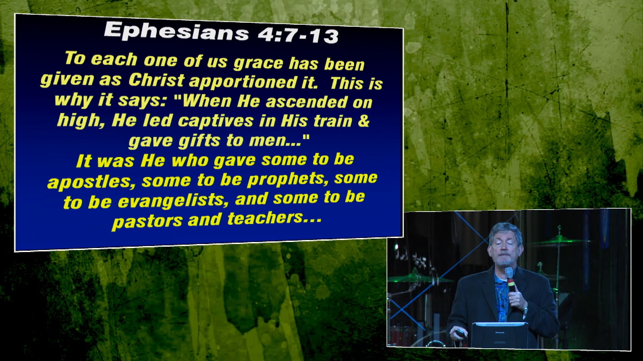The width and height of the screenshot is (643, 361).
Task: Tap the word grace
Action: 258,63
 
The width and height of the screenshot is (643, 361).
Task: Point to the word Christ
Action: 156,80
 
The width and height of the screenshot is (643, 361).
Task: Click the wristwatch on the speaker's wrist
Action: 525,310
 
